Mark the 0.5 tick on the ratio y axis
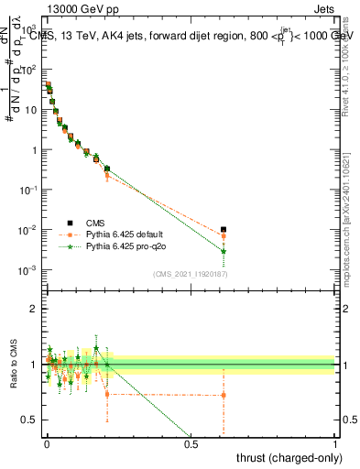click(31, 420)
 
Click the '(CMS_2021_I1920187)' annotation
click(191, 273)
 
